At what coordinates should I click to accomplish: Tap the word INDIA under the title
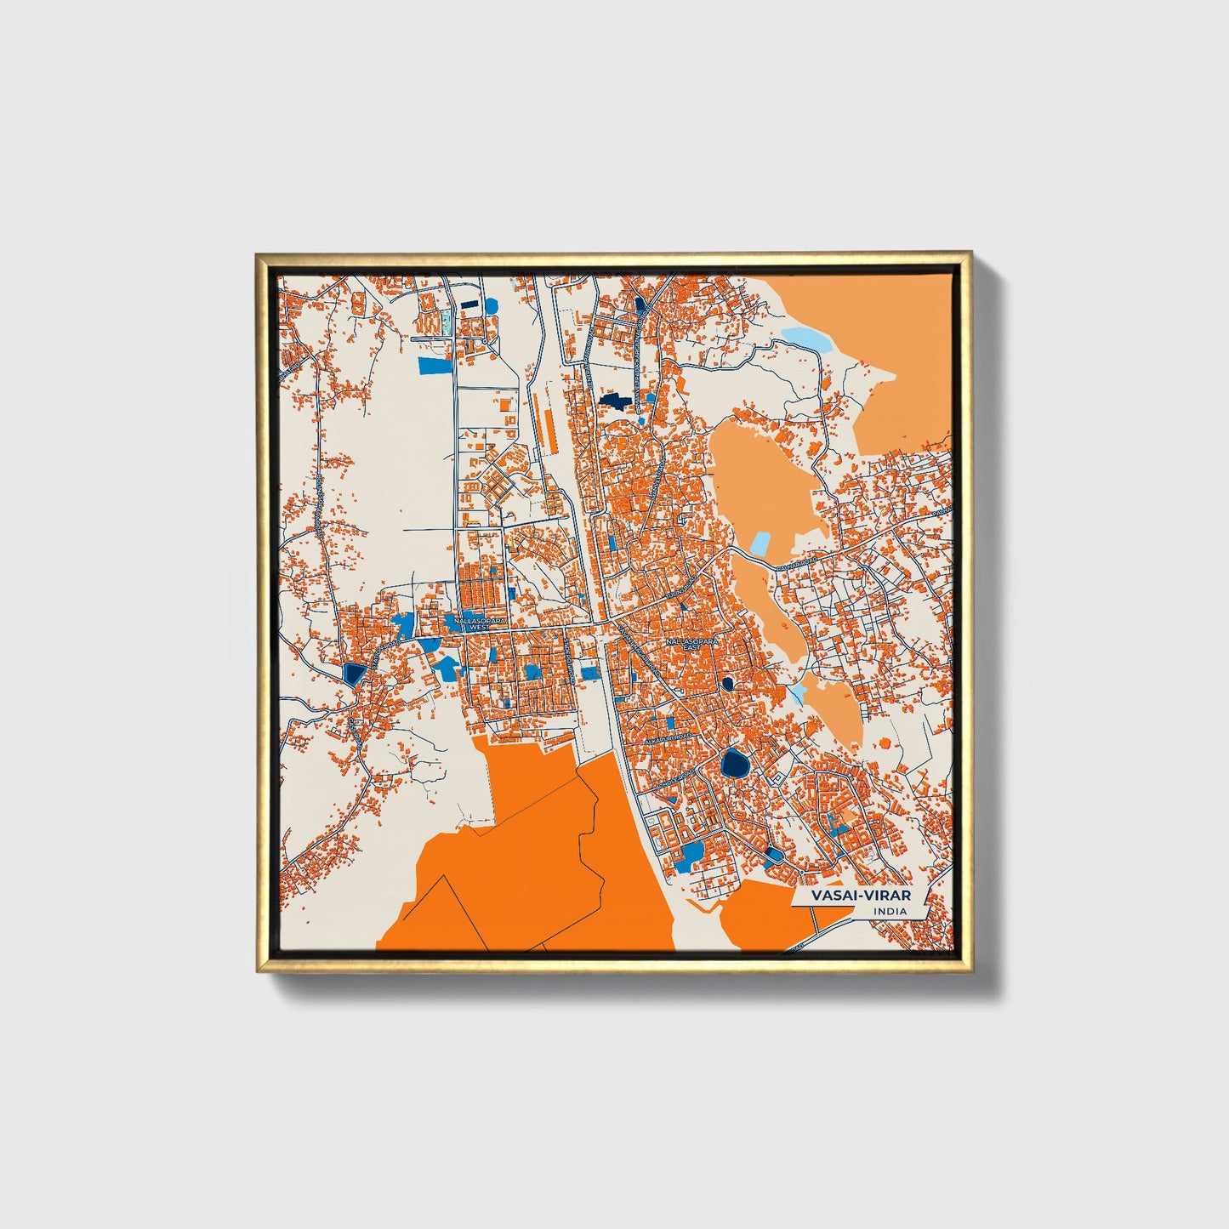889,912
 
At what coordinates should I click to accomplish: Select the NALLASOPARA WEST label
480,623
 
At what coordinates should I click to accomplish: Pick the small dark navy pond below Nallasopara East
727,682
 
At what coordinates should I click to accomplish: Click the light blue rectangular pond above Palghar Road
760,544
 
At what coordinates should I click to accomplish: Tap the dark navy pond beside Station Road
351,674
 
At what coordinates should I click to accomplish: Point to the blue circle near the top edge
491,305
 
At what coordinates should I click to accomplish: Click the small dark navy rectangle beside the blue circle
469,304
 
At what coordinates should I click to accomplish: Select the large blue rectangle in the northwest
435,366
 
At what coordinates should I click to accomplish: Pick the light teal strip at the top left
445,321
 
